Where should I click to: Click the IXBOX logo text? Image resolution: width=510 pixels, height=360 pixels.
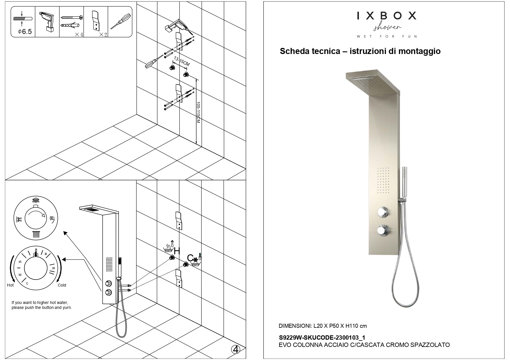point(386,16)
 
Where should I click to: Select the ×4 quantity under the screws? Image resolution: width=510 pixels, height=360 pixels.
point(79,35)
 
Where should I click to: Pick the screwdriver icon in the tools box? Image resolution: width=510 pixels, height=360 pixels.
point(120,22)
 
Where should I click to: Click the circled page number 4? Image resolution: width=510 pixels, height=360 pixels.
point(236,350)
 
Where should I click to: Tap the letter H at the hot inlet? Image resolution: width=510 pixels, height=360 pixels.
point(177,251)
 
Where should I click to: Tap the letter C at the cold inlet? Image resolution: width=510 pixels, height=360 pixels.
point(190,258)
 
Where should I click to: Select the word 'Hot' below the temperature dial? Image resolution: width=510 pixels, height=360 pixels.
point(10,285)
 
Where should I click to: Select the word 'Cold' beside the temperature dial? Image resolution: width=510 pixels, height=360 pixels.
point(62,285)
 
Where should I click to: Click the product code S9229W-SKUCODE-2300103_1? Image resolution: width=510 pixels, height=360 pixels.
point(322,338)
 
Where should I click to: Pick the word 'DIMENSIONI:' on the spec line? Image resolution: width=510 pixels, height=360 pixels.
point(295,326)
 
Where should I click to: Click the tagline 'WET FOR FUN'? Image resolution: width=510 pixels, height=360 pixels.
point(387,37)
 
